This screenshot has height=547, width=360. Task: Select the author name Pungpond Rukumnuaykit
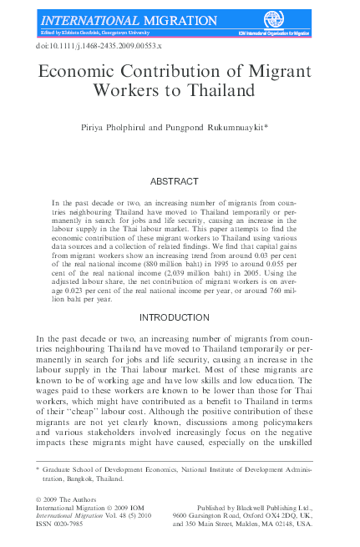click(215, 128)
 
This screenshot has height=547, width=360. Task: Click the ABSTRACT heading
click(174, 180)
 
